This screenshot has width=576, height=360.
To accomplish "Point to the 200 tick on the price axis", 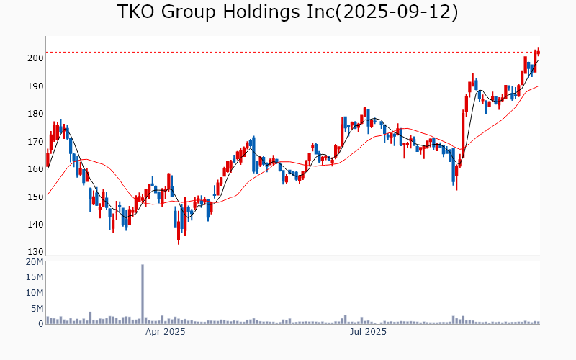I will (x=35, y=58).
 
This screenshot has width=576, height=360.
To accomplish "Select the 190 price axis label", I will (x=35, y=86).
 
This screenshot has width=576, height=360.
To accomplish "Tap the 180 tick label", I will (x=35, y=114).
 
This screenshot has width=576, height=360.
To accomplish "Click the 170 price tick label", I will (x=35, y=142).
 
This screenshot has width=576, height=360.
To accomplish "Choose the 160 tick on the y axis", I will (x=35, y=169).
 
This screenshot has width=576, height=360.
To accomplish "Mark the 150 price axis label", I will (x=35, y=197).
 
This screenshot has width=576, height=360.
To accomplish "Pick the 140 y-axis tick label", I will (x=35, y=225).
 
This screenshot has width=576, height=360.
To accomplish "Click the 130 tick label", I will (x=35, y=252).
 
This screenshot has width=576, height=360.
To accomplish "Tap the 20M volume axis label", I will (x=34, y=262).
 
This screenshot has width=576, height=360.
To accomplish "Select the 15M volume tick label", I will (x=34, y=278).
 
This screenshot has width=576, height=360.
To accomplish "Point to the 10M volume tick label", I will (x=34, y=293).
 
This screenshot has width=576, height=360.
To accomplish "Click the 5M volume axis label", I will (x=37, y=309).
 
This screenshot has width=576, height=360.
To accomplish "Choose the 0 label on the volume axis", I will (x=40, y=324).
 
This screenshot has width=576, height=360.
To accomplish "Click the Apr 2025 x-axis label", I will (x=166, y=332).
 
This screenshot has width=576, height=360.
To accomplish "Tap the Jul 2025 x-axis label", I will (x=368, y=332).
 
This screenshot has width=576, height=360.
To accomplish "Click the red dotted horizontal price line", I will (x=288, y=52).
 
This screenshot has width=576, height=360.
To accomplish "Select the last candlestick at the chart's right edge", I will (x=538, y=51).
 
